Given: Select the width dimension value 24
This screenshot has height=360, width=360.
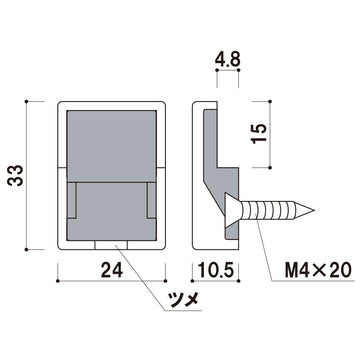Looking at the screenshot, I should coord(112,270).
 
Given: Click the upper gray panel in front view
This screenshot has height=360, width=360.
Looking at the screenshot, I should coord(112,141).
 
